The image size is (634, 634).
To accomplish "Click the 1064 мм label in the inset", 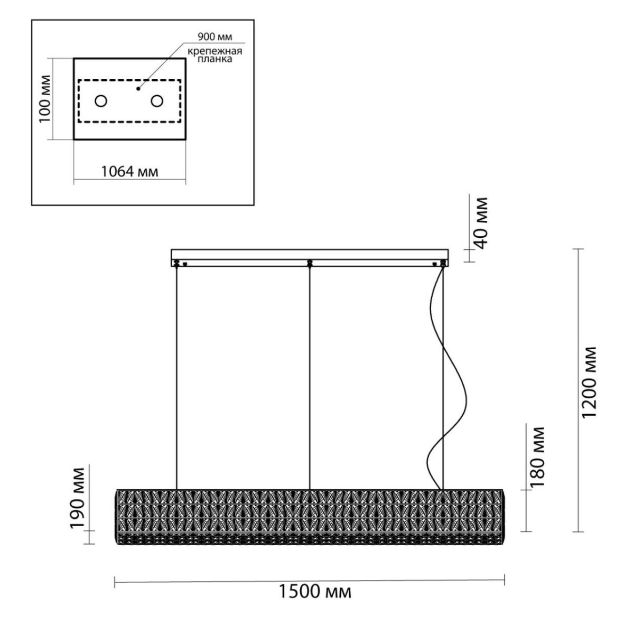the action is tap(129, 172).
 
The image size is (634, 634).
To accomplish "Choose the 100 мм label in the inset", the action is tap(45, 99).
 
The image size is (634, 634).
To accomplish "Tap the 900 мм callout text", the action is tap(215, 37).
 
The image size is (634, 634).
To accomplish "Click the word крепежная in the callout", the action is tap(215, 52).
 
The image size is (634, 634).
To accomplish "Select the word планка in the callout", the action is tap(215, 59).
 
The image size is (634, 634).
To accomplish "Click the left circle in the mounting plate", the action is tap(101, 101).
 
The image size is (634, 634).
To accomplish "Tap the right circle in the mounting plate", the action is tap(157, 101).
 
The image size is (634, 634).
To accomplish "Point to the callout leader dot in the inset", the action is tap(138, 89).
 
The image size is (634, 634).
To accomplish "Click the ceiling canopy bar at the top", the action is tap(310, 255).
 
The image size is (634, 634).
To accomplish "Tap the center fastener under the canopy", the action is tap(309, 263).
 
